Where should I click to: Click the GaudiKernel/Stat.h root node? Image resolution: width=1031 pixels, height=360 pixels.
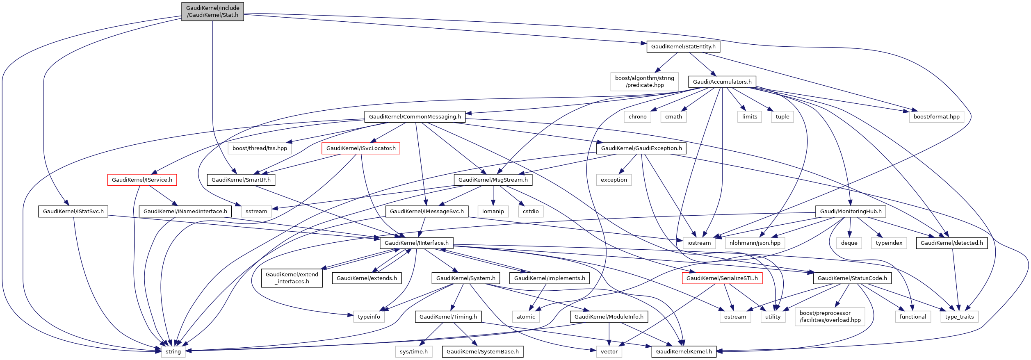tap(212, 11)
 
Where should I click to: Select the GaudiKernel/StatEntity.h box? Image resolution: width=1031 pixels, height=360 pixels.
tap(683, 46)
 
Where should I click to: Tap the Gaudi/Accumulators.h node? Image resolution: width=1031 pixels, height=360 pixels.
tap(722, 82)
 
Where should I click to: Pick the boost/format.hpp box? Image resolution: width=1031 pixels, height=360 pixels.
tap(936, 116)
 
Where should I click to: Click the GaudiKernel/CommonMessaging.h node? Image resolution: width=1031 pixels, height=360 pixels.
tap(415, 116)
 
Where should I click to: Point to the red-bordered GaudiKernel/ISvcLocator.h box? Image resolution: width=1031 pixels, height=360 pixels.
tap(361, 148)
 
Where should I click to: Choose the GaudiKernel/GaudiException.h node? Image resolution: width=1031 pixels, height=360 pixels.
tap(641, 148)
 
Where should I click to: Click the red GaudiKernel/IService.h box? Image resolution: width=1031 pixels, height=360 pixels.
tap(142, 180)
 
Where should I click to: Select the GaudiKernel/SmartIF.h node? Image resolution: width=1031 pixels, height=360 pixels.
tap(241, 180)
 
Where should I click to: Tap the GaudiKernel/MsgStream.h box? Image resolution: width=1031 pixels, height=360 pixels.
tap(493, 180)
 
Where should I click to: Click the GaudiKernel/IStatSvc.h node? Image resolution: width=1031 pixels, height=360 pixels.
tap(73, 211)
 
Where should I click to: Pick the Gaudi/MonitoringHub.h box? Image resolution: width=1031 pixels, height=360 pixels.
tap(851, 211)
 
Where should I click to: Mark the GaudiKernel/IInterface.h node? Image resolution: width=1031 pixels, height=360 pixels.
tap(417, 243)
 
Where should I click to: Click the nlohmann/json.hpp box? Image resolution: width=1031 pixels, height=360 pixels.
tap(755, 243)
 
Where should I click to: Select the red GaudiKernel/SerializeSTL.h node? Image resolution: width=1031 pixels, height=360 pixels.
tap(722, 278)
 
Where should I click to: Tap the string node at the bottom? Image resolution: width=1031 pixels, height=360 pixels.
tap(173, 351)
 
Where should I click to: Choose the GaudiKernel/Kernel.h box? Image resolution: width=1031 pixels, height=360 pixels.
tap(684, 351)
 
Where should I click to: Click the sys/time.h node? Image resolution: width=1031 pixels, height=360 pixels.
tap(413, 351)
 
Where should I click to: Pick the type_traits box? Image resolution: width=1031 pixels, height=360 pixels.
tap(959, 317)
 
